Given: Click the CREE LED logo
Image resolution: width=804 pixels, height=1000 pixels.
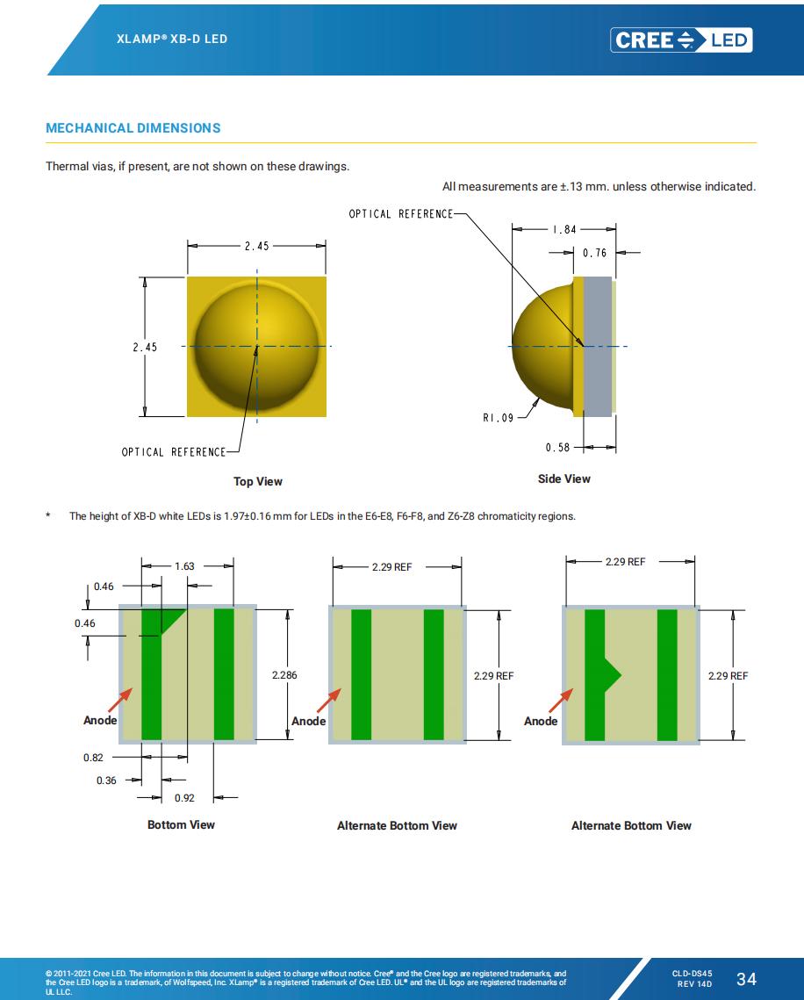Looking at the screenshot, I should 681,40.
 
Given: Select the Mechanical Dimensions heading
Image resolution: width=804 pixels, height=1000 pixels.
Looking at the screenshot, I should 133,128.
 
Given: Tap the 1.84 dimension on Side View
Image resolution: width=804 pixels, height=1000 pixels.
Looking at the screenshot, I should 564,229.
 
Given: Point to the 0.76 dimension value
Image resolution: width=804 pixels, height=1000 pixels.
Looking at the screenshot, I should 594,253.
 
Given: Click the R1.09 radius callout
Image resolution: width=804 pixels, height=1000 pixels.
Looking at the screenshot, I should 498,418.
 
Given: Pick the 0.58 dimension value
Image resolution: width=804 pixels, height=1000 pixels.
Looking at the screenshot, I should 557,448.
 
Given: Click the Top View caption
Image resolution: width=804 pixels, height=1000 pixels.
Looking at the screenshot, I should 258,481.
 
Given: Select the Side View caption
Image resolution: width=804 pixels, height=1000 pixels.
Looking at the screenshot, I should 564,478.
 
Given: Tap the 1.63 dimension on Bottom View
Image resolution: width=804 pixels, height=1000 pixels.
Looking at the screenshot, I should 184,566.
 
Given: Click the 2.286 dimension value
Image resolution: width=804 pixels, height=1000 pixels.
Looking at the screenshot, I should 284,675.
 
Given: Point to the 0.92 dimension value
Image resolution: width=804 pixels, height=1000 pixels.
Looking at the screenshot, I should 184,798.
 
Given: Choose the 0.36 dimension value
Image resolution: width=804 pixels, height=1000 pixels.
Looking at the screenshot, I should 106,780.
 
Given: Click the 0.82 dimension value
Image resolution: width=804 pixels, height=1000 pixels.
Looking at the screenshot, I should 93,757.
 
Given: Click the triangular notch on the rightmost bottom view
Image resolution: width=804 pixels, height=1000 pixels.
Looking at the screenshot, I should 613,675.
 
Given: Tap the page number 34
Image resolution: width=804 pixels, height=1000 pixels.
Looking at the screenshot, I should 746,979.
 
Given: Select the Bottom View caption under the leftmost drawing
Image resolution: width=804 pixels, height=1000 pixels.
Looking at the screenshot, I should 181,824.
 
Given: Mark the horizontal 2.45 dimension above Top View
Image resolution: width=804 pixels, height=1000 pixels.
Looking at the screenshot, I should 257,246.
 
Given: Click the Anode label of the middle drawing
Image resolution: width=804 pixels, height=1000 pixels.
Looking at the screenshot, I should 308,721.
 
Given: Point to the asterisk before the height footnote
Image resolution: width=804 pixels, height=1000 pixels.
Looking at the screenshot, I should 49,516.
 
